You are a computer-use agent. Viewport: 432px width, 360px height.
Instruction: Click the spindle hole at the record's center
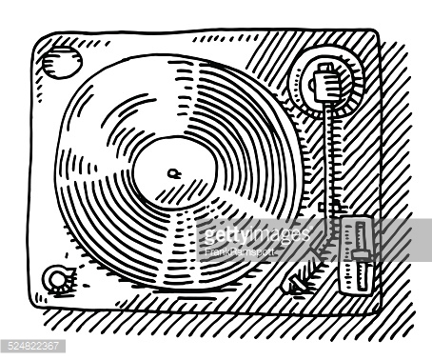[x=172, y=172]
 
